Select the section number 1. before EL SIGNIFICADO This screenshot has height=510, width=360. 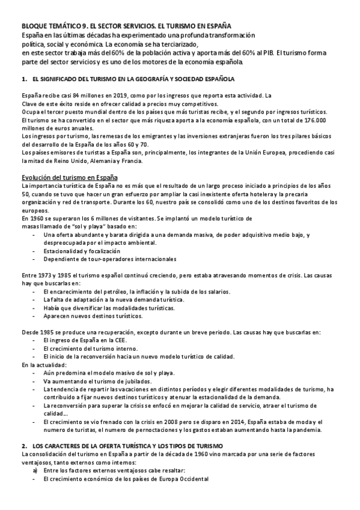pos(24,79)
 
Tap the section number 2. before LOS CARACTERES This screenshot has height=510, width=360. pos(24,445)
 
